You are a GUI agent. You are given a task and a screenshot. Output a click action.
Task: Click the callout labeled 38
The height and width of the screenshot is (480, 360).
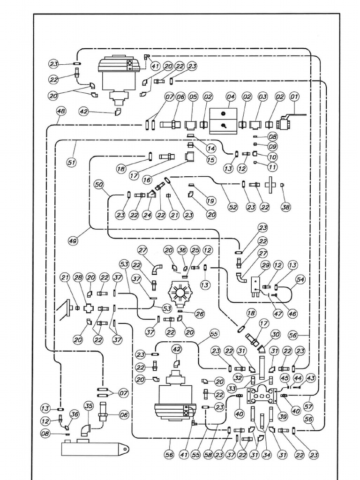285,206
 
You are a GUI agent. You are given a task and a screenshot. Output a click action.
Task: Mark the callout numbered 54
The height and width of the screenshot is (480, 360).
300,280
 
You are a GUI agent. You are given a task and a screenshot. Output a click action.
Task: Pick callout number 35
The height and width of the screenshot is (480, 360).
88,406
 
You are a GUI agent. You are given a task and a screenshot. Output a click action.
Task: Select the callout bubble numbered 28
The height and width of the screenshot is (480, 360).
78,278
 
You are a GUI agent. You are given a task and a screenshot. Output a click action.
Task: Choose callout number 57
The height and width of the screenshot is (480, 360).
308,405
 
